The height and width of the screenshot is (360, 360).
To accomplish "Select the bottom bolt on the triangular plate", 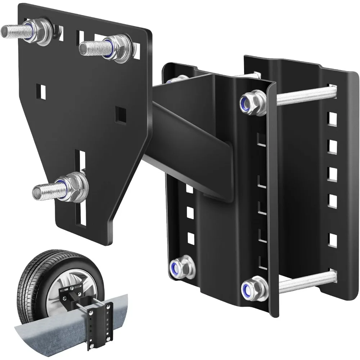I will [x=54, y=188].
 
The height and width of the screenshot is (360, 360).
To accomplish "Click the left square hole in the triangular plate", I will [x=42, y=91].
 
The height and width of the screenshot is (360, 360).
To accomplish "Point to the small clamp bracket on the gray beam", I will [x=103, y=317].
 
